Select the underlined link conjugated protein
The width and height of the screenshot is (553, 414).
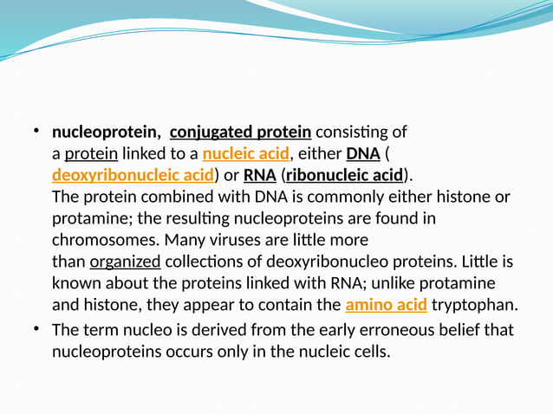[240, 133]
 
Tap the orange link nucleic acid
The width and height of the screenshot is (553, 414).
[245, 154]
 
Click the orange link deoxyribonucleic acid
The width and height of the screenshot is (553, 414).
[133, 176]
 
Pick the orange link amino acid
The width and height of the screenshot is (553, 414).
[386, 305]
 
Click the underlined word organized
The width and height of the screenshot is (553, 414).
[125, 262]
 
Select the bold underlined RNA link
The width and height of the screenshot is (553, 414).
[259, 176]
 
